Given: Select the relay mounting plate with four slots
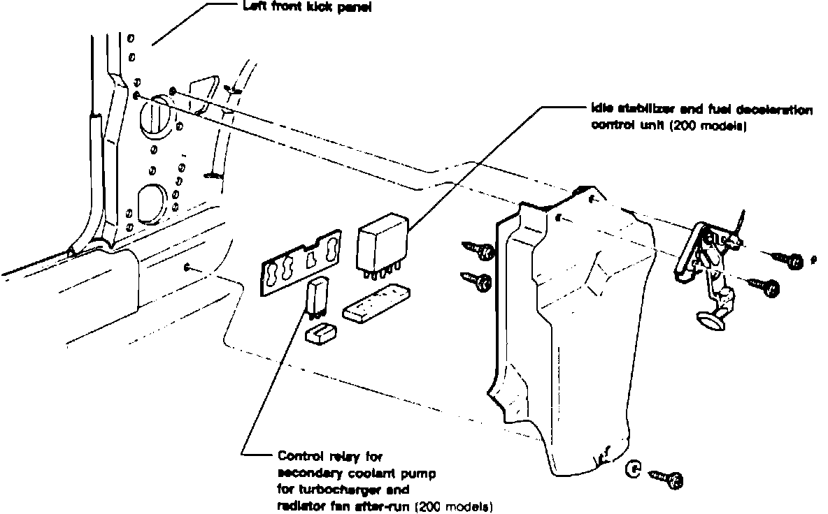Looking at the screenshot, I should pos(301,263).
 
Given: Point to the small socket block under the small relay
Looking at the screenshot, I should pos(322,333).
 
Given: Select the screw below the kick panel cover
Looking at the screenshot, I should pos(667,479).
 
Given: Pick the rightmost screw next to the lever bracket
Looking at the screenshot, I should pos(787,260).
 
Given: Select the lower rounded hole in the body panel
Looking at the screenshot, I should pos(151,202).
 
